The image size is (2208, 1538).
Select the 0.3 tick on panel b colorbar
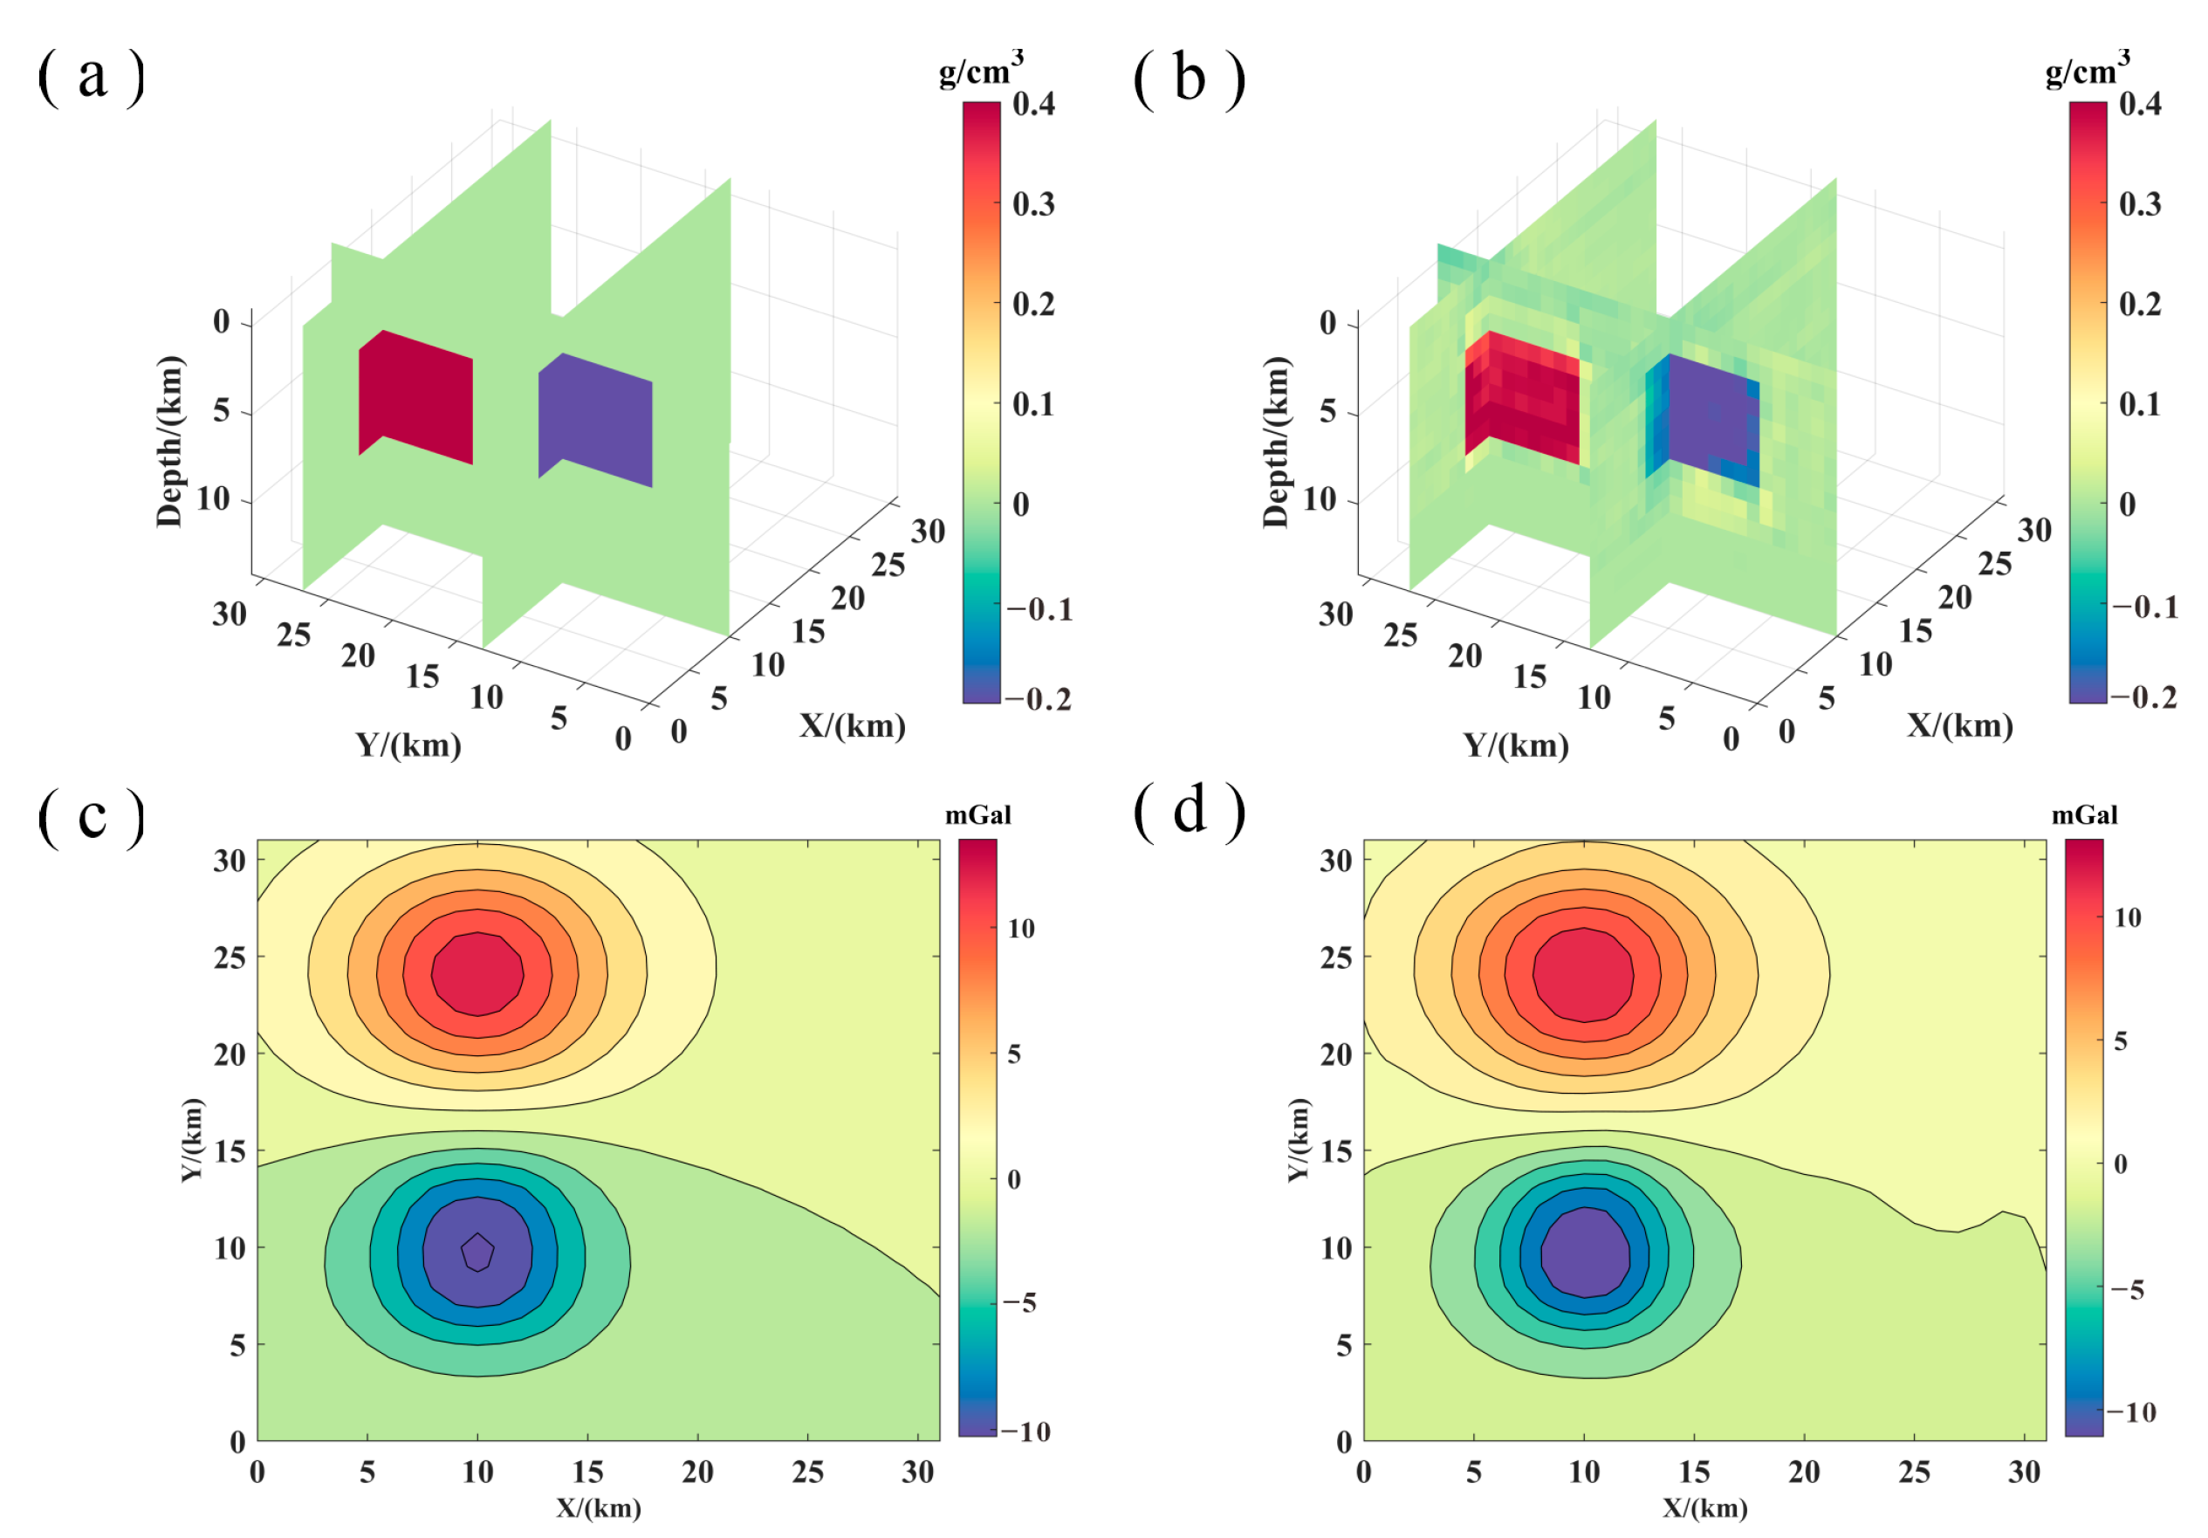[2139, 204]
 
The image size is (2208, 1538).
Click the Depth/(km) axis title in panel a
[169, 442]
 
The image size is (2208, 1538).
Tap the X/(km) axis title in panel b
[1959, 724]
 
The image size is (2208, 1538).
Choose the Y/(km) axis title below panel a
[408, 745]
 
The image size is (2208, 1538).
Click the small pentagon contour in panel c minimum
[477, 1252]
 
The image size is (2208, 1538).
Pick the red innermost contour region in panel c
[477, 972]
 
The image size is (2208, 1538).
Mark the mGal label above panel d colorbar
[2084, 815]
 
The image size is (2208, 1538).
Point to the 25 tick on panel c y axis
[230, 957]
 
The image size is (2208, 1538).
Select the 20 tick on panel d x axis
[1804, 1472]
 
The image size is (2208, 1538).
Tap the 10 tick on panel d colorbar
[2127, 917]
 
